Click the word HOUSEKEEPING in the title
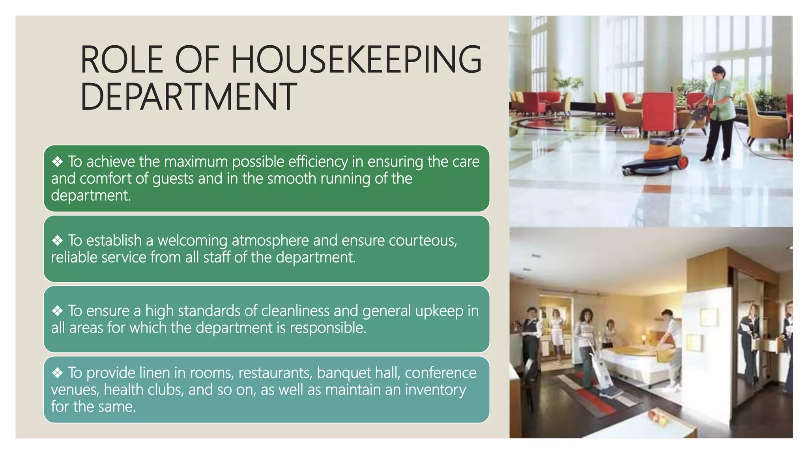click(356, 60)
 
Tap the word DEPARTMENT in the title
click(189, 97)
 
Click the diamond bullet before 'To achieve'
click(58, 162)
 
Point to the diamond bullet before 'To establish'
click(58, 240)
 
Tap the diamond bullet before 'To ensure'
click(58, 311)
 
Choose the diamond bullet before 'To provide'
click(58, 373)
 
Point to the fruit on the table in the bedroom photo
click(657, 417)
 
